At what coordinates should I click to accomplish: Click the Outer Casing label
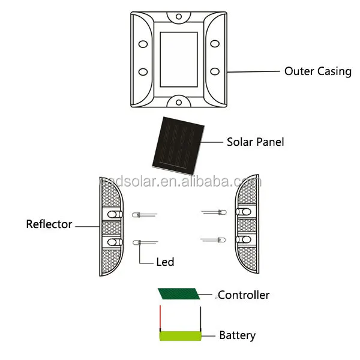317,71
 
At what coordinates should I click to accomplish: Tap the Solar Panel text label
255,142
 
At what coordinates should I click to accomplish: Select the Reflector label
49,224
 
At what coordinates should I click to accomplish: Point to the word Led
165,262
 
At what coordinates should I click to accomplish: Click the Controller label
244,295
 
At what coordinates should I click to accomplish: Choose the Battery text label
237,335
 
